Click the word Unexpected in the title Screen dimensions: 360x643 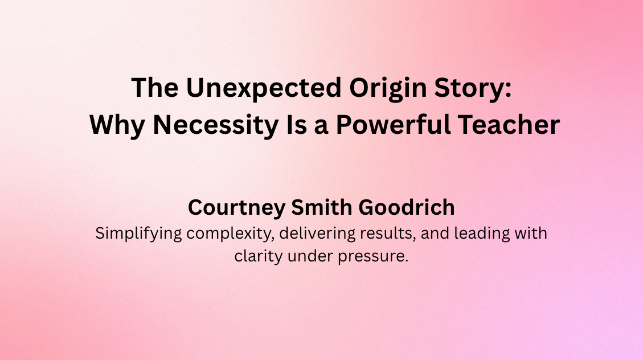point(236,89)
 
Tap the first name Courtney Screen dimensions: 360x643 point(235,208)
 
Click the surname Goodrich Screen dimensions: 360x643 point(407,207)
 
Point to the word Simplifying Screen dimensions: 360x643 point(136,234)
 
